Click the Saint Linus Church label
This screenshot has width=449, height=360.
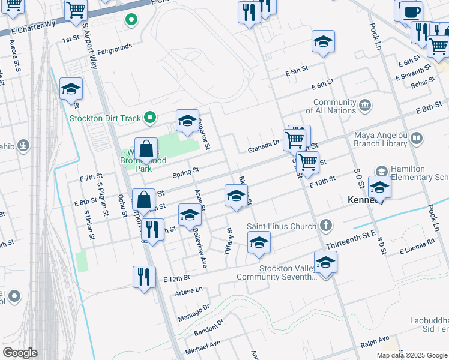click(282, 226)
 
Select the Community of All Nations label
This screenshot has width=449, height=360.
click(335, 107)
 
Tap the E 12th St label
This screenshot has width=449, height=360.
click(176, 278)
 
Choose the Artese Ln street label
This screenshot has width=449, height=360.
click(187, 292)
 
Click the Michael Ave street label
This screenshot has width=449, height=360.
click(203, 347)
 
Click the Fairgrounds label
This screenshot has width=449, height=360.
click(114, 52)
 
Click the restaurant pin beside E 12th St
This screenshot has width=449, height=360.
click(143, 277)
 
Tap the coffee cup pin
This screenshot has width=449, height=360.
click(411, 12)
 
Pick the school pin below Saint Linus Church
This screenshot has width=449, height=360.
click(259, 242)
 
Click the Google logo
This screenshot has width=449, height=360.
click(20, 353)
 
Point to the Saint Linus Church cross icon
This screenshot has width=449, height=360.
click(325, 226)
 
